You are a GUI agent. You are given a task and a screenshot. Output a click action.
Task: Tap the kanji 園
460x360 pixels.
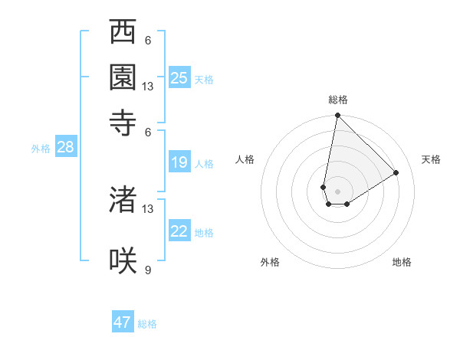pyautogui.click(x=123, y=77)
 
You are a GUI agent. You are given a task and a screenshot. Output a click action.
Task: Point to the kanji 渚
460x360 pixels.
pyautogui.click(x=123, y=200)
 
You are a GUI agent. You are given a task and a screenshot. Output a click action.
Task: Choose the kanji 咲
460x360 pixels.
pyautogui.click(x=123, y=260)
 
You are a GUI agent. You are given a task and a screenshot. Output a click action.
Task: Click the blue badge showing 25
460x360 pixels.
pyautogui.click(x=179, y=78)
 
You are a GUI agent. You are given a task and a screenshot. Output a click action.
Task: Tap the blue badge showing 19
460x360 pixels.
pyautogui.click(x=179, y=162)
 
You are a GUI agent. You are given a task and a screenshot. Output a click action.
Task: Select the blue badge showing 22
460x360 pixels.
pyautogui.click(x=179, y=231)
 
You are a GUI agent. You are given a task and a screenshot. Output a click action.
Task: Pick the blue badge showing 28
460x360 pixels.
pyautogui.click(x=65, y=148)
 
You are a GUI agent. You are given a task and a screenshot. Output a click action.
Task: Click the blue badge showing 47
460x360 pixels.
pyautogui.click(x=123, y=322)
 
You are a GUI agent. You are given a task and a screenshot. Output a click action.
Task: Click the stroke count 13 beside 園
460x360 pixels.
pyautogui.click(x=148, y=87)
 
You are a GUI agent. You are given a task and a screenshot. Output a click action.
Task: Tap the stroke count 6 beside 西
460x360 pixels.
pyautogui.click(x=147, y=41)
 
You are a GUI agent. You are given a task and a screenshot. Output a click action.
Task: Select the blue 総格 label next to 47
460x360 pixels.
pyautogui.click(x=147, y=324)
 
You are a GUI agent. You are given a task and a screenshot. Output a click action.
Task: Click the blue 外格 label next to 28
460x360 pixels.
pyautogui.click(x=41, y=149)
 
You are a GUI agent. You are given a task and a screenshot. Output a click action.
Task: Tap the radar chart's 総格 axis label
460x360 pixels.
pyautogui.click(x=338, y=100)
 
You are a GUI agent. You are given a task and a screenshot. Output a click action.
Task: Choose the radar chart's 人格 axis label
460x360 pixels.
pyautogui.click(x=245, y=159)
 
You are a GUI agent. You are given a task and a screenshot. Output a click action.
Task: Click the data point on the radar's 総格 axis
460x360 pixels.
pyautogui.click(x=337, y=116)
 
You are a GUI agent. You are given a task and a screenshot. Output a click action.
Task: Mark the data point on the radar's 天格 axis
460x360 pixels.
pyautogui.click(x=396, y=173)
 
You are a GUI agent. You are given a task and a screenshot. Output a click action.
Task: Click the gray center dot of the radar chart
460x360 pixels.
pyautogui.click(x=337, y=191)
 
